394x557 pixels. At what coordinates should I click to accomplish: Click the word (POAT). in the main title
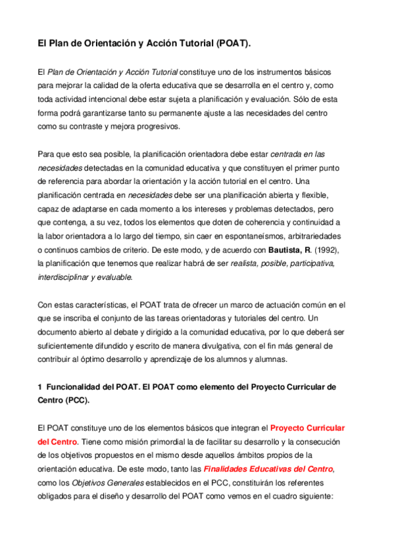(231, 44)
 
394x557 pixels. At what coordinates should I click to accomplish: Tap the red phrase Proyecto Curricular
(307, 428)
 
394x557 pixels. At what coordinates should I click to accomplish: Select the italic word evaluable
(114, 277)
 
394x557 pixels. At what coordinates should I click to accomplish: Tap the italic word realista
(247, 264)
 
